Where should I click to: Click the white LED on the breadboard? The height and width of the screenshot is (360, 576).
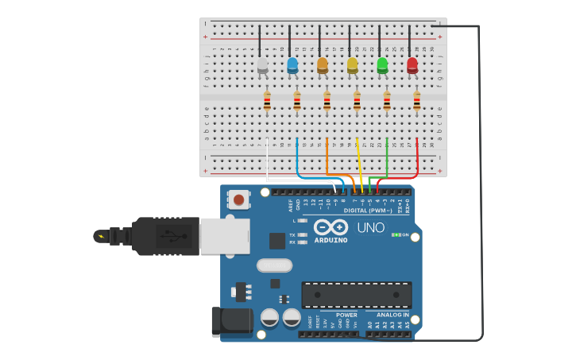[263, 65]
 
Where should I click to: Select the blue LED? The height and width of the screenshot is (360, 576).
[292, 64]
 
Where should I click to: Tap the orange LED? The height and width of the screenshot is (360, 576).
[323, 65]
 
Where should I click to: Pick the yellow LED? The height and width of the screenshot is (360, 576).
[353, 65]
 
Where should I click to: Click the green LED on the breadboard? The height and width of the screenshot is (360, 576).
[382, 64]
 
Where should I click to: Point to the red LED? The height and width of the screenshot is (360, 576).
[412, 65]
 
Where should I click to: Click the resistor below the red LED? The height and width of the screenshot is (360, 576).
[416, 101]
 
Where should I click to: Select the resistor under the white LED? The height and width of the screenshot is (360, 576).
[267, 101]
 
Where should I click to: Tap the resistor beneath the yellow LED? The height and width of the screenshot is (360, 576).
[357, 101]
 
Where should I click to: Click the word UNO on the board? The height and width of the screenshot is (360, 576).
[370, 227]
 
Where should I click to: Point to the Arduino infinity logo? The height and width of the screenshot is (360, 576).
[331, 226]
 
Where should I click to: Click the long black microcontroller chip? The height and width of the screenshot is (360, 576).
[356, 294]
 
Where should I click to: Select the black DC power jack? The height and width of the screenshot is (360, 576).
[231, 321]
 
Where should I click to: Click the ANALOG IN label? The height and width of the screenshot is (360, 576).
[392, 315]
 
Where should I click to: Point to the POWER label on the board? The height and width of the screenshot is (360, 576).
[346, 315]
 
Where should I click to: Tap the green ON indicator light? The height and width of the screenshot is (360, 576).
[396, 234]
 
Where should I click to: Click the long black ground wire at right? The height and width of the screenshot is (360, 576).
[481, 183]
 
